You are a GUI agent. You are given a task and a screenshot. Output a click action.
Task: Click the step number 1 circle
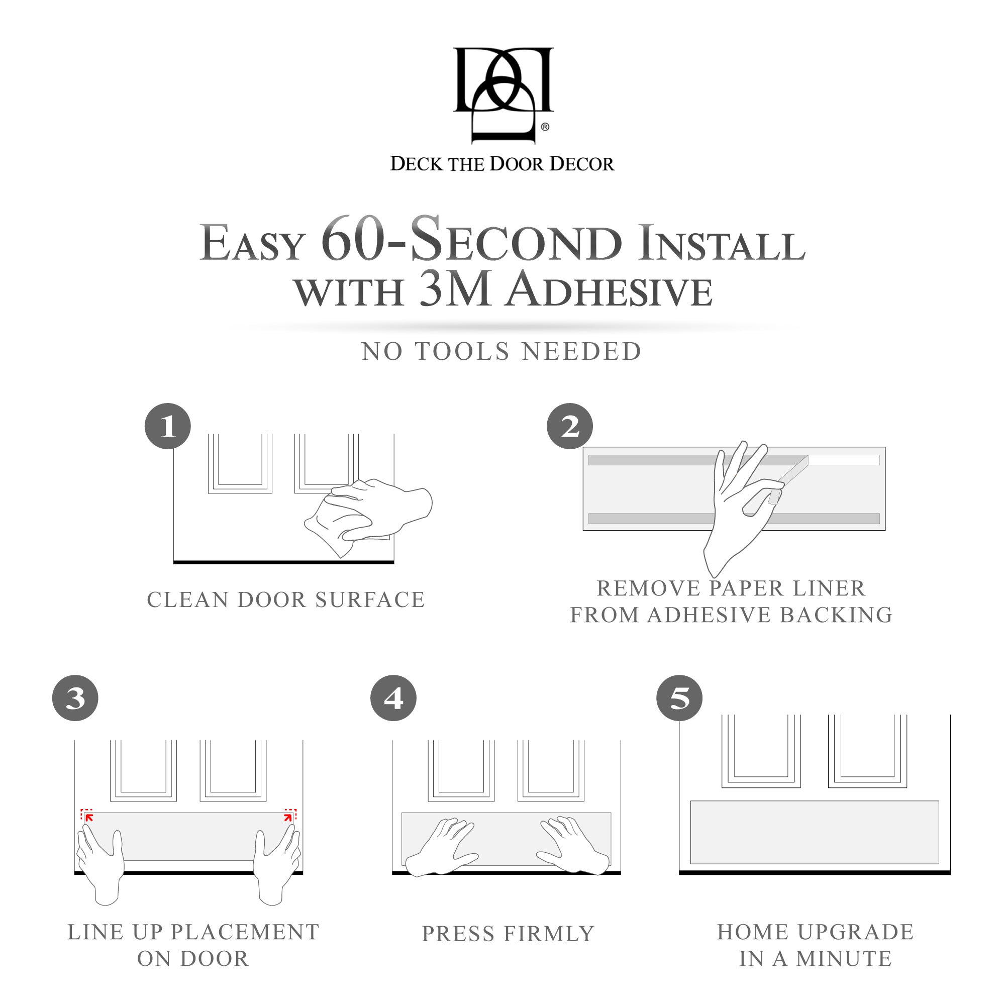click(x=167, y=426)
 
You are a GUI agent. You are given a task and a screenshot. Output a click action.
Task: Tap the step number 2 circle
click(x=570, y=426)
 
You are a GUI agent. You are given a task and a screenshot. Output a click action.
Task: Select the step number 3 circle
click(x=75, y=698)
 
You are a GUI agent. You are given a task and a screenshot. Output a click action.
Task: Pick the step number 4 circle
click(x=393, y=698)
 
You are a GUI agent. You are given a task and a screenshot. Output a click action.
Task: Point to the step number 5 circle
click(x=679, y=698)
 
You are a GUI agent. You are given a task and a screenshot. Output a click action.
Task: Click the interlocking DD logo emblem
click(x=502, y=93)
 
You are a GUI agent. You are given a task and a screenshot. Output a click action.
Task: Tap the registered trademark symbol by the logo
click(x=545, y=127)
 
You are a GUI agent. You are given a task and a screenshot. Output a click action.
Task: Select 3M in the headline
click(x=456, y=290)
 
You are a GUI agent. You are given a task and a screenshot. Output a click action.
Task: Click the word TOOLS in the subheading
click(x=462, y=352)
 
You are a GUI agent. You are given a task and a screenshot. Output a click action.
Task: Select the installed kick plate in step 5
click(x=814, y=832)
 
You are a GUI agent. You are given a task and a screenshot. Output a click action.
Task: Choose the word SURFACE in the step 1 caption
click(x=370, y=600)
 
